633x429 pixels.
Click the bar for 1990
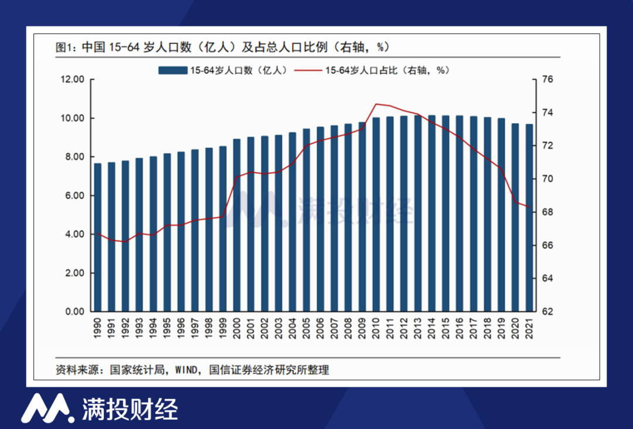pyautogui.click(x=98, y=237)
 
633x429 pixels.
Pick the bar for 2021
pyautogui.click(x=529, y=217)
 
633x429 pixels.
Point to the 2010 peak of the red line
pyautogui.click(x=376, y=104)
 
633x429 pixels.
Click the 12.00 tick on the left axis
pyautogui.click(x=73, y=79)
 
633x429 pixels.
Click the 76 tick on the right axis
pyautogui.click(x=547, y=79)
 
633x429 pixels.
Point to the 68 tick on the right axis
pyautogui.click(x=547, y=212)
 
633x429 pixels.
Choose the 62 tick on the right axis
pyautogui.click(x=547, y=312)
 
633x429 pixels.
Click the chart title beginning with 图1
pyautogui.click(x=223, y=47)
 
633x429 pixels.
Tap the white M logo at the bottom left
pyautogui.click(x=47, y=407)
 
